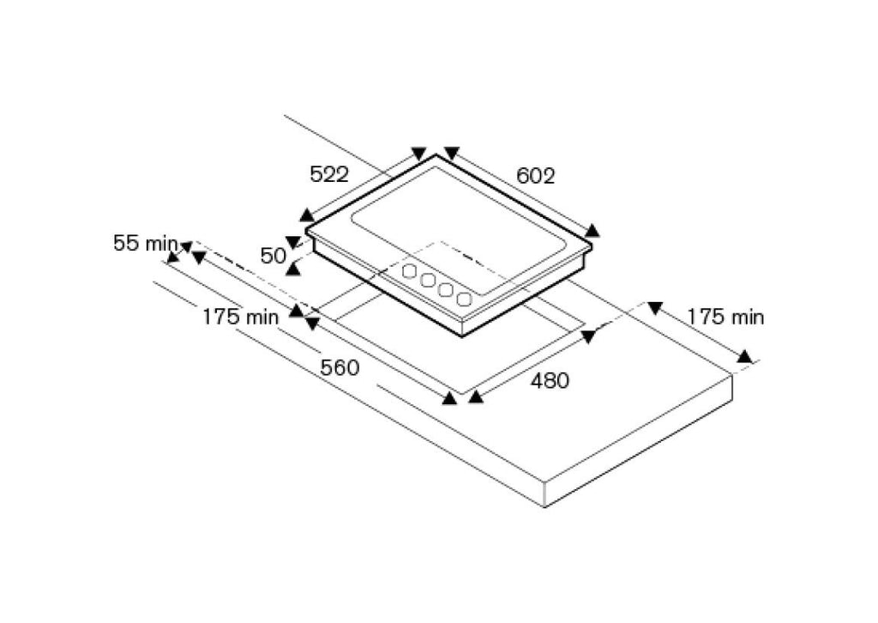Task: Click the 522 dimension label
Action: click(x=329, y=174)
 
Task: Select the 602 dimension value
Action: click(x=535, y=176)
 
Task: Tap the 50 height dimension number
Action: click(x=274, y=256)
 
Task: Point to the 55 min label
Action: click(x=146, y=243)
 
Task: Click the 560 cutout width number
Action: click(x=340, y=367)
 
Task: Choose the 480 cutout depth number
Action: click(x=550, y=380)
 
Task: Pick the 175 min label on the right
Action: click(x=725, y=318)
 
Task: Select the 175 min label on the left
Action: click(x=240, y=318)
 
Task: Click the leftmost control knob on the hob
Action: click(x=410, y=271)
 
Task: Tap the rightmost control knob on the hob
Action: click(x=464, y=299)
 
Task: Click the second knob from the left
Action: click(x=429, y=280)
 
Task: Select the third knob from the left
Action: click(x=446, y=290)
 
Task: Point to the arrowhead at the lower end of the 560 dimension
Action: click(x=449, y=398)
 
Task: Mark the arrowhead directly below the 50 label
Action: click(x=293, y=269)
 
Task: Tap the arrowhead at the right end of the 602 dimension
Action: click(x=592, y=230)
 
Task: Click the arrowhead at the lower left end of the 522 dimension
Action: click(x=306, y=215)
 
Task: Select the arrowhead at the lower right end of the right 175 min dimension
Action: click(x=744, y=356)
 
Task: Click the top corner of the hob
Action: click(x=436, y=154)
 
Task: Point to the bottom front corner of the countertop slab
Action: click(x=544, y=506)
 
